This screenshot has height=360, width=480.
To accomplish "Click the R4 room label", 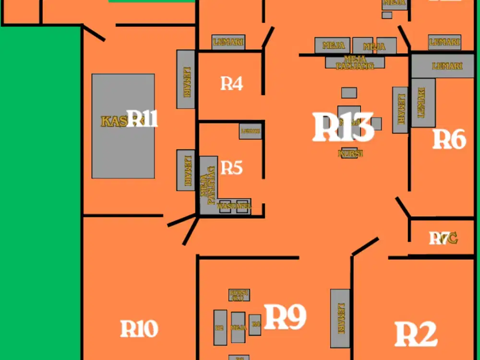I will point(231,84).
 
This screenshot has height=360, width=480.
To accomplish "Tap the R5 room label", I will point(231,168).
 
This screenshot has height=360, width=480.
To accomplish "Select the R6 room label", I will point(449,139).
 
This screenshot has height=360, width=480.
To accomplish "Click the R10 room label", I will point(139,329).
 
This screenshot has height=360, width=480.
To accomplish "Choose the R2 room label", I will point(416,334).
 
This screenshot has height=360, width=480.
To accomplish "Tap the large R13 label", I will point(343,128).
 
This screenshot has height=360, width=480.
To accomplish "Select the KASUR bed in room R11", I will point(123,126).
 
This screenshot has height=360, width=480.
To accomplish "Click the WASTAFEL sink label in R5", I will point(234,206).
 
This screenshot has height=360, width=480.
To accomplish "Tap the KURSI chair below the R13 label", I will point(350,154).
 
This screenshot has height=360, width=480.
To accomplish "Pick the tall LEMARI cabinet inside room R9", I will point(340,318).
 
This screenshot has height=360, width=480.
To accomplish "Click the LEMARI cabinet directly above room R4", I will point(228,42).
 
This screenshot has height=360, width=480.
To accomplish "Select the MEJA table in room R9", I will point(238,327).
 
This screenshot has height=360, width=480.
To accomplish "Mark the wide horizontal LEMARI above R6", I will point(446,66).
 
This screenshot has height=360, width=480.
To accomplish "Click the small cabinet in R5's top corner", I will point(251,131).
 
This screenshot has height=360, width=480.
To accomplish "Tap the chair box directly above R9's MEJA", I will point(239,295).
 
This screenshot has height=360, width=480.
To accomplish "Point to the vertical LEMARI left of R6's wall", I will point(400,110).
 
